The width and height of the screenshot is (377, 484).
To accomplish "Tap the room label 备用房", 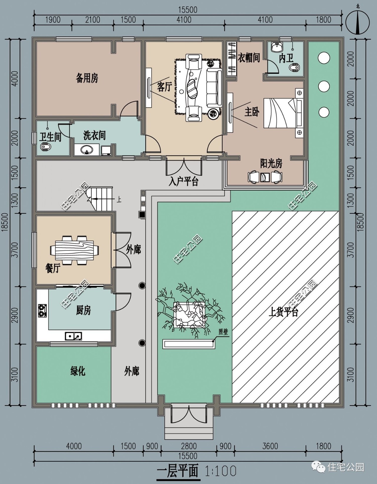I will (87, 78).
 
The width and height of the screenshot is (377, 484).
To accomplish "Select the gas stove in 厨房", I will (42, 311).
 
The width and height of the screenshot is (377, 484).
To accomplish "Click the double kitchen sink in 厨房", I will (73, 336).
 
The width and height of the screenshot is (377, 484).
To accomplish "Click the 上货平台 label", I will (283, 312).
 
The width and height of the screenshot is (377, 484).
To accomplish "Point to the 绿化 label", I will (78, 371).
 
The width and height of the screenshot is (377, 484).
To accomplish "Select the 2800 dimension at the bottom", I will (189, 446).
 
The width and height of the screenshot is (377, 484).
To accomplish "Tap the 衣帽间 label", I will (249, 58).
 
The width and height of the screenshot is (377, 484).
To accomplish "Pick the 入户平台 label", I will (183, 181).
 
